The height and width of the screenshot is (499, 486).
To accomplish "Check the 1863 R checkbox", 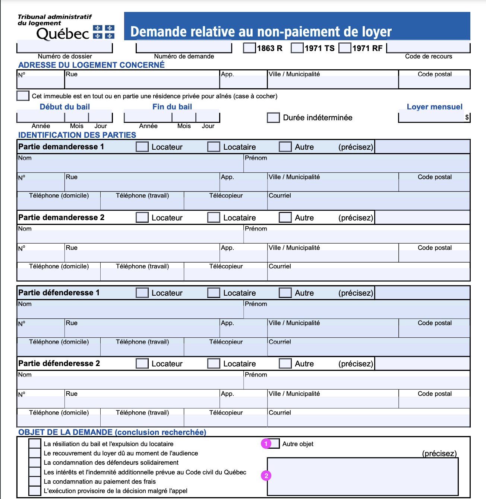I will coord(249,48).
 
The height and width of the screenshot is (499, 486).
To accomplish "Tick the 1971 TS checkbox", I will coord(297,48).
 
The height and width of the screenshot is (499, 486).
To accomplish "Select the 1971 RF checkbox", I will coord(345,48).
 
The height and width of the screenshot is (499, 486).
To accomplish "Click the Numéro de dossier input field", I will coord(64,48).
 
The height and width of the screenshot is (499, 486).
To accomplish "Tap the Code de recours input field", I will coord(428,48).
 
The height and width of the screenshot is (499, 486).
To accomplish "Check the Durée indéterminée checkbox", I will coord(273,118).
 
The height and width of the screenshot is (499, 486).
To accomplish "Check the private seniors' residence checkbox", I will coord(23,96).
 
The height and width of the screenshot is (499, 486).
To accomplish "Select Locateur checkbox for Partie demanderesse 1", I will coord(142,147).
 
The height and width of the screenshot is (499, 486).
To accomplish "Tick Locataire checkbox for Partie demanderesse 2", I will coord(214,217).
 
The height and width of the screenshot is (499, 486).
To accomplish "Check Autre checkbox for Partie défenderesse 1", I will coord(285,293).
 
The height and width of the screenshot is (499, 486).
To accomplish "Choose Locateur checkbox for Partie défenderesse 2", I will coord(142,363).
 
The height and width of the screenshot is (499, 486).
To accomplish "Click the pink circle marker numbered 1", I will coord(266,444).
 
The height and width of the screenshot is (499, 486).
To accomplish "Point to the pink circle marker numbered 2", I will coord(266,476).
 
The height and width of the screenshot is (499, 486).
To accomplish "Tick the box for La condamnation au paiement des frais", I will coord(35,481).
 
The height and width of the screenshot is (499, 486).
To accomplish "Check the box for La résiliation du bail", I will coord(35,444).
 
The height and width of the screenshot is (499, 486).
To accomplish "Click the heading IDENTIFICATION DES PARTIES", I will coord(77,135).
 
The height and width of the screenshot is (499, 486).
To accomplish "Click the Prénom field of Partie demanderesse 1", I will coord(356,165).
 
